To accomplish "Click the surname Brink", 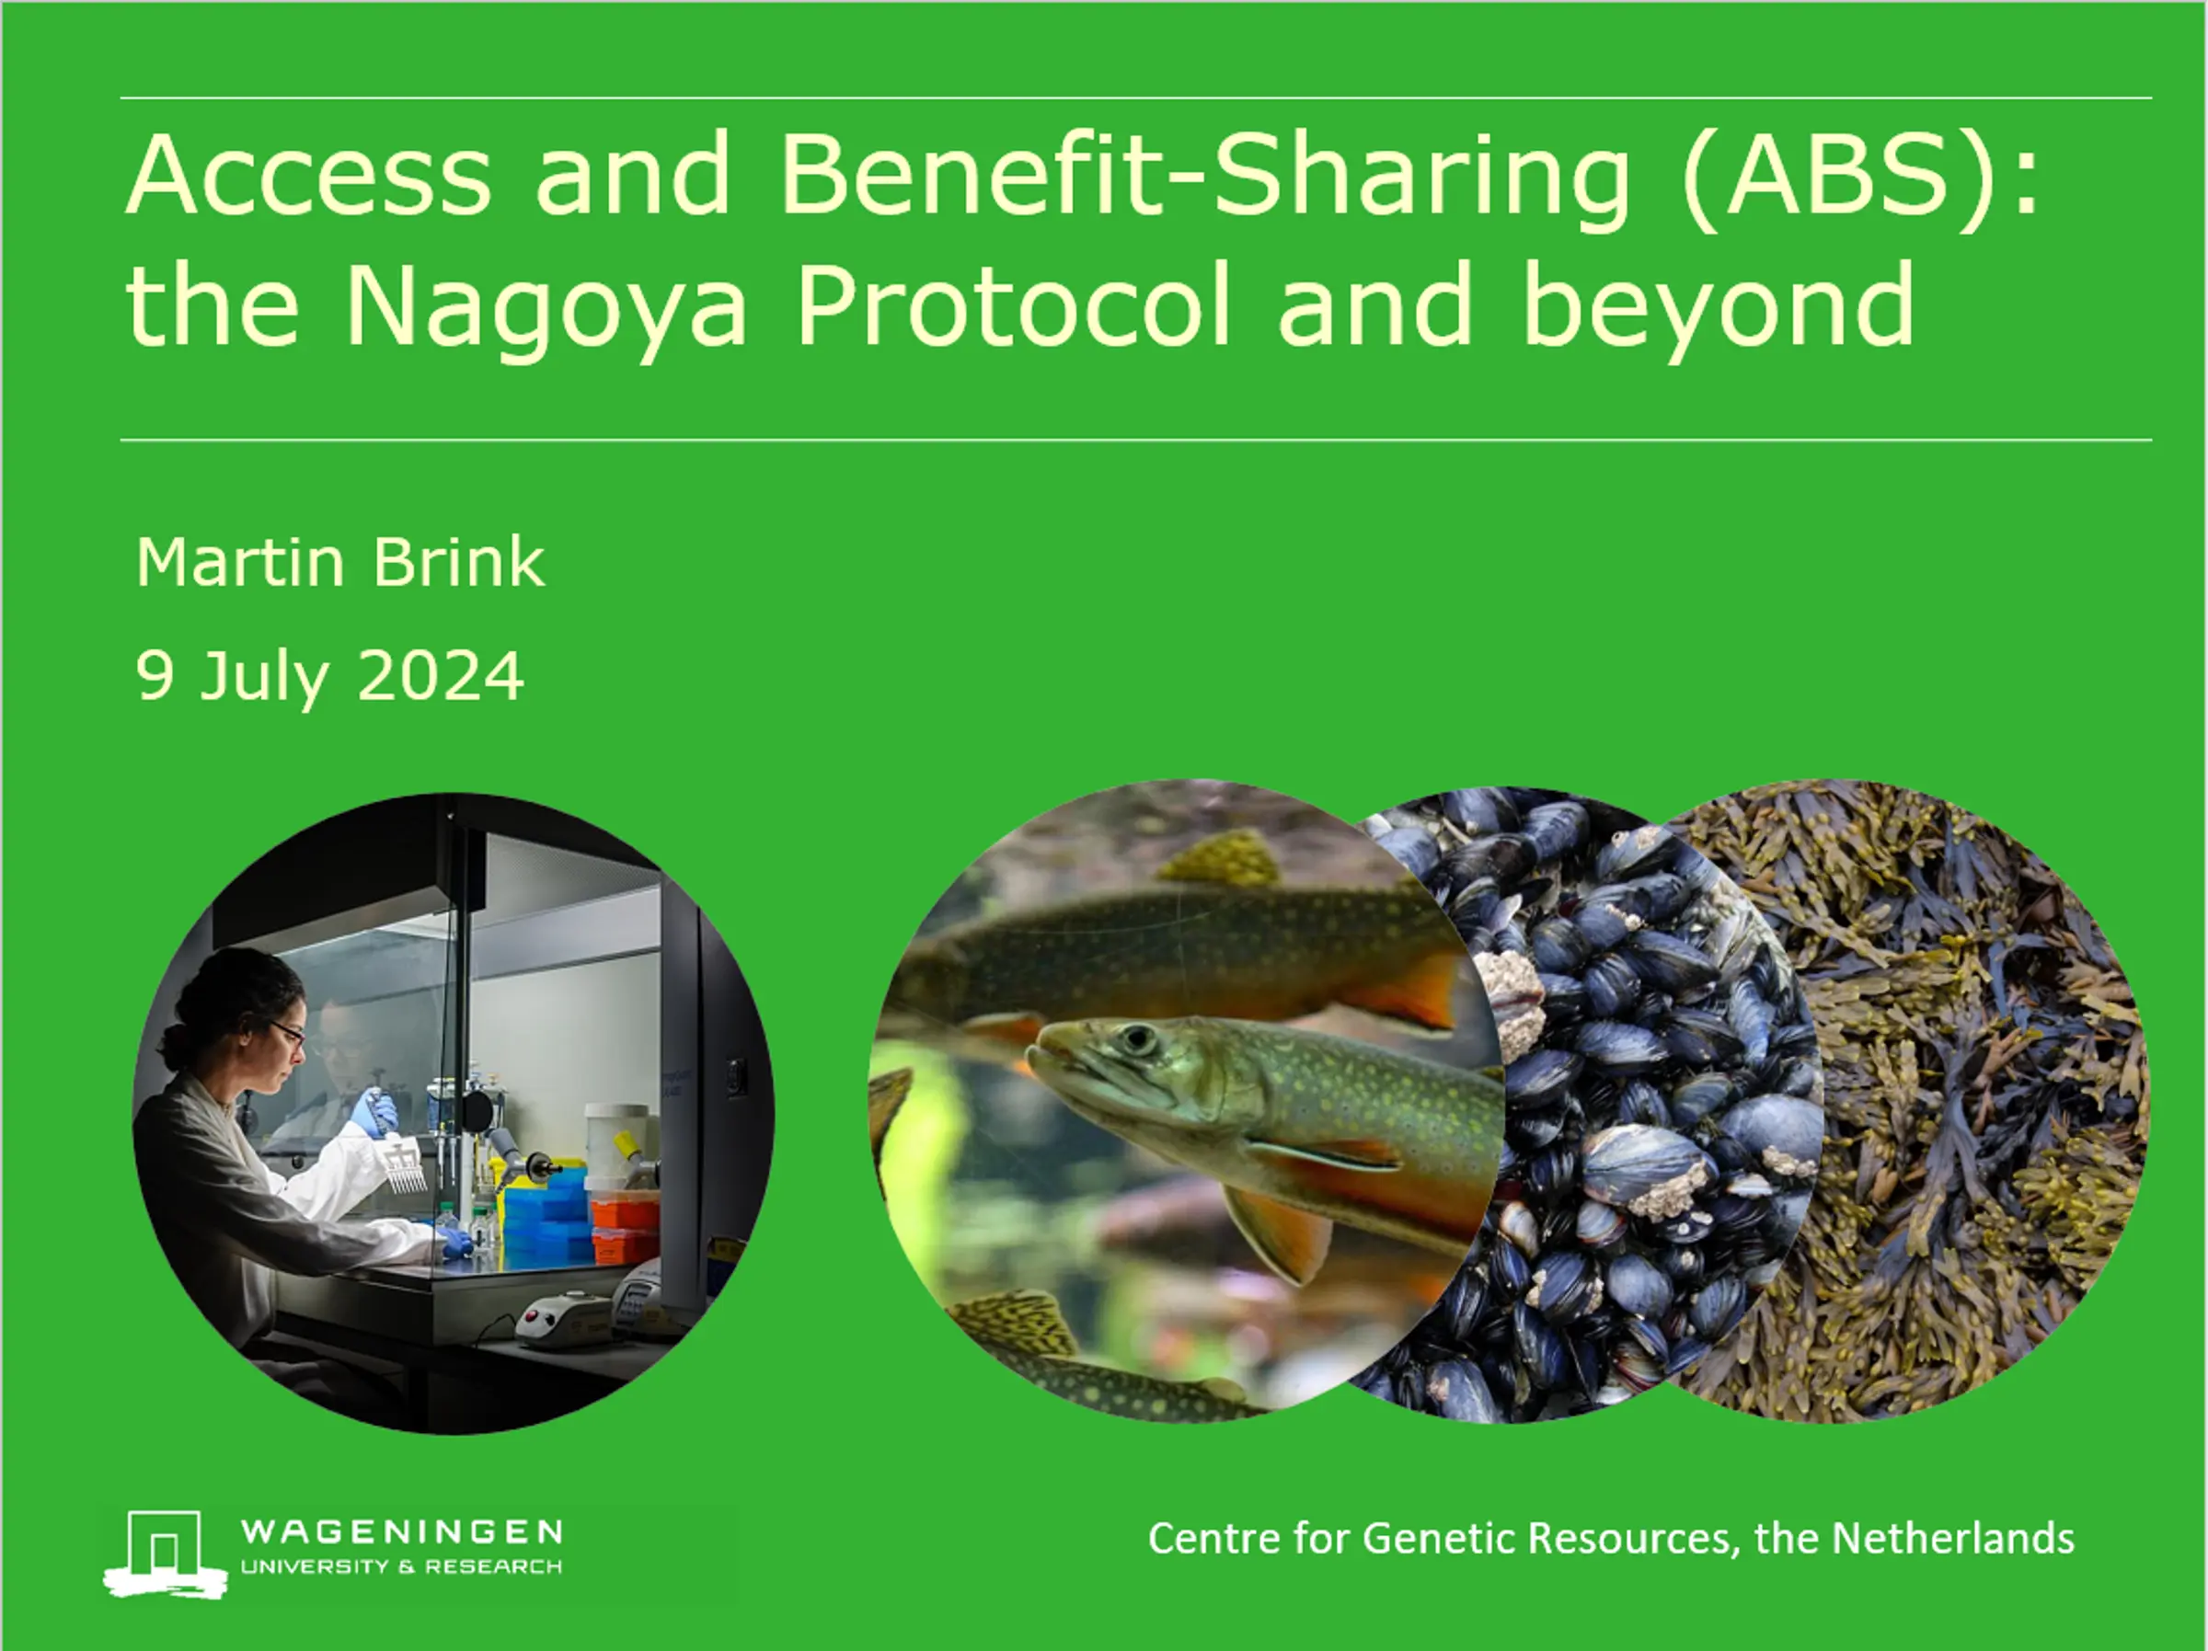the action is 458,562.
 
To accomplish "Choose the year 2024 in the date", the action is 440,676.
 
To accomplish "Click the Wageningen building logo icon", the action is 166,1554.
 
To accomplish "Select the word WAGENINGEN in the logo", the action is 401,1532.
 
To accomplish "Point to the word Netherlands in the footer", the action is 1953,1538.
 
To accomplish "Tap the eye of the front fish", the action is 1137,1040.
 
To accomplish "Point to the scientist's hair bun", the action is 177,1045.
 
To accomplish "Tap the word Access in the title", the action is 308,174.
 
